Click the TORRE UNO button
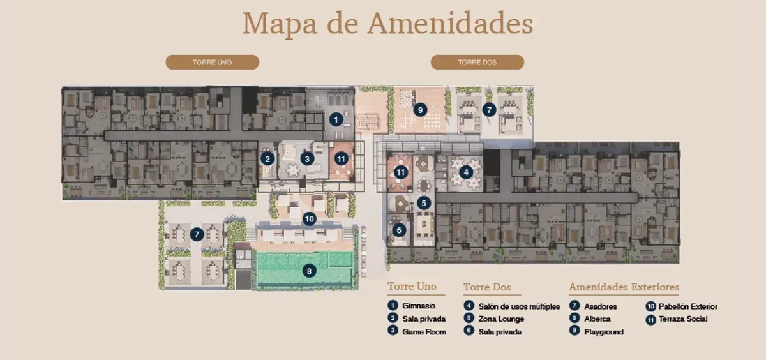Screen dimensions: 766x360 pyautogui.click(x=213, y=62)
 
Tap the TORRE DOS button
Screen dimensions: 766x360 pyautogui.click(x=477, y=62)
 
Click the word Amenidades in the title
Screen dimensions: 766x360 pyautogui.click(x=451, y=23)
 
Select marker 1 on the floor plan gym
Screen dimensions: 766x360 pyautogui.click(x=336, y=119)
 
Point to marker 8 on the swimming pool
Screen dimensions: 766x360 pyautogui.click(x=309, y=271)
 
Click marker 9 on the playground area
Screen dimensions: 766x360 pyautogui.click(x=420, y=110)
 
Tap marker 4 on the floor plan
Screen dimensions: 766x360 pyautogui.click(x=466, y=172)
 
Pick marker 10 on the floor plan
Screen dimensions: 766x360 pyautogui.click(x=309, y=219)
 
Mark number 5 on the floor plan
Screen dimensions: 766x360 pyautogui.click(x=424, y=203)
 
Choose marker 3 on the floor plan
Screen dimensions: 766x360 pyautogui.click(x=307, y=159)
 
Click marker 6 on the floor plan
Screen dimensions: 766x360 pyautogui.click(x=399, y=230)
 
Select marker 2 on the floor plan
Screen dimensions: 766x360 pyautogui.click(x=267, y=159)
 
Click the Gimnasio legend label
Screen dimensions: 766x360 pyautogui.click(x=419, y=306)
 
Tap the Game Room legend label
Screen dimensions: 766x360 pyautogui.click(x=424, y=332)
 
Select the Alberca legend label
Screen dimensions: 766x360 pyautogui.click(x=597, y=319)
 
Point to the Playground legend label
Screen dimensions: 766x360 pyautogui.click(x=604, y=332)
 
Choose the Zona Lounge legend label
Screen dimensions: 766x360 pyautogui.click(x=501, y=319)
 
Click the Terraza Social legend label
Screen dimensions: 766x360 pyautogui.click(x=683, y=319)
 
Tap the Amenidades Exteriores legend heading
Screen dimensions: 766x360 pyautogui.click(x=624, y=287)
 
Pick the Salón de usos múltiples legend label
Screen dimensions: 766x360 pyautogui.click(x=519, y=306)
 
